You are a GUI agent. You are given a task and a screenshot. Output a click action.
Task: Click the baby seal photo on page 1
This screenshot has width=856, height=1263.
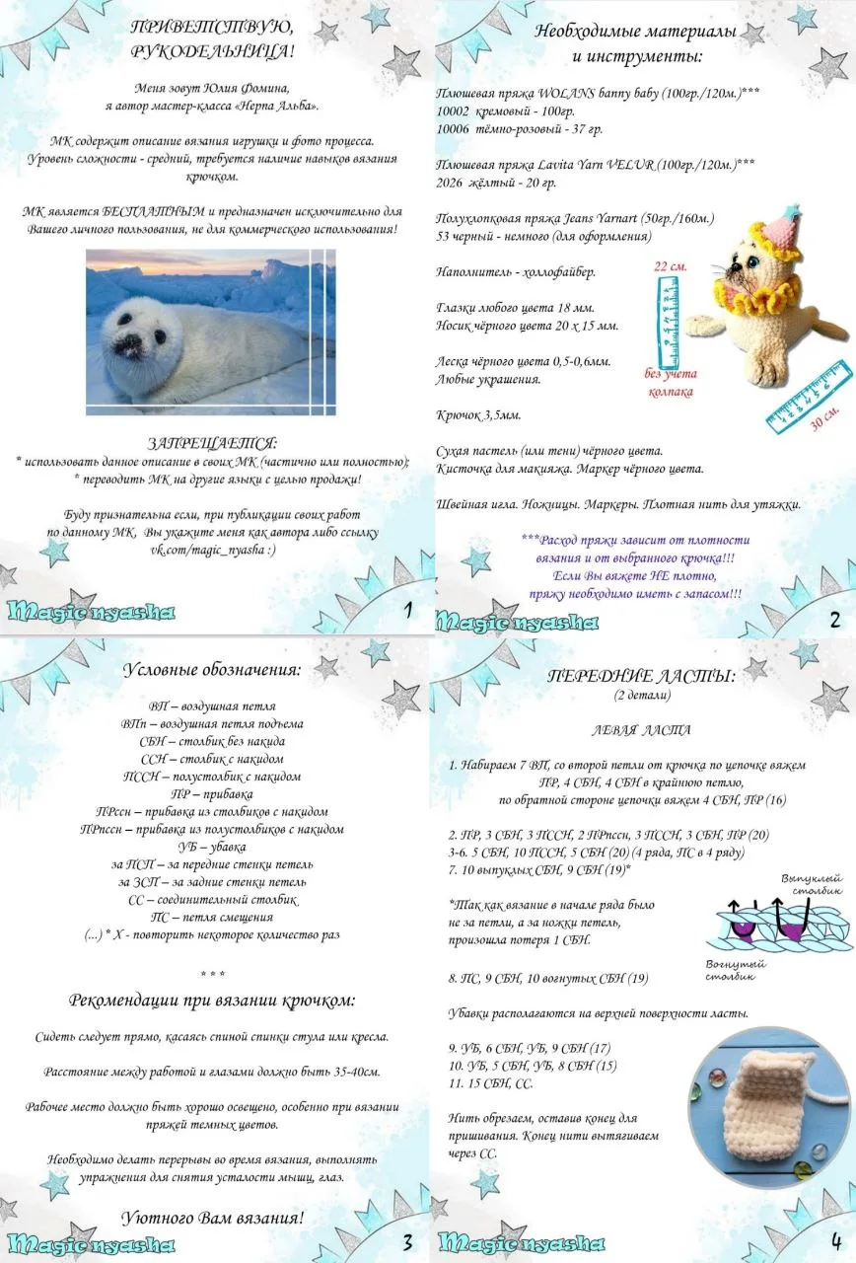coord(210,331)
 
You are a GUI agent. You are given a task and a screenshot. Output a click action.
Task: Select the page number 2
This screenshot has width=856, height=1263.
coord(834,620)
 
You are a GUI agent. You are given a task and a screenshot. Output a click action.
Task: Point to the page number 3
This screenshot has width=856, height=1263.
coord(407,1240)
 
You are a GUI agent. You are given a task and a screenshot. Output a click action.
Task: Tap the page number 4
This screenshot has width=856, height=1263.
coord(835,1240)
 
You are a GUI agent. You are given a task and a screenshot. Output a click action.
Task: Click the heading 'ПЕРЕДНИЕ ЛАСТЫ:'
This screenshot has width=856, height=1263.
coord(641,677)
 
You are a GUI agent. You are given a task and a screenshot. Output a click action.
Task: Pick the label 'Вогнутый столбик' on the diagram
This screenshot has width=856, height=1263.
coord(731,970)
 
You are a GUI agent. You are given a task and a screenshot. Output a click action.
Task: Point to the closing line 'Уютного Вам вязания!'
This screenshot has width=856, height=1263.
coord(212,1217)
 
